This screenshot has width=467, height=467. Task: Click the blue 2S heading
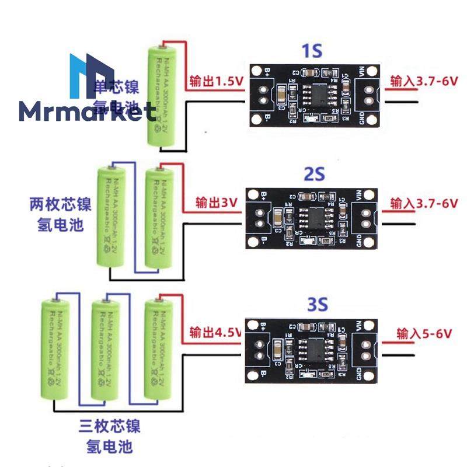[x=314, y=173]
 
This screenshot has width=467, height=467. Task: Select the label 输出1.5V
[x=215, y=82]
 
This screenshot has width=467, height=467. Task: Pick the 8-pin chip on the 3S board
[x=316, y=350]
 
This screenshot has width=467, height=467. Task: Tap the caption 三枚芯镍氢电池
[x=109, y=436]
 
